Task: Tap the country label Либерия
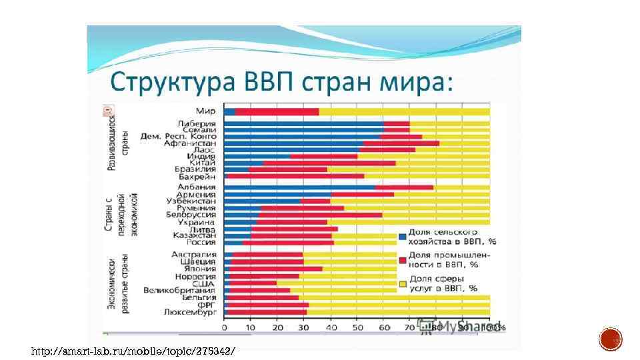197,124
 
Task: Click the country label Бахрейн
197,177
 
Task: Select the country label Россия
200,242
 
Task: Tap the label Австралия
193,255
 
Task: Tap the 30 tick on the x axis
304,327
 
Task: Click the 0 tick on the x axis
225,327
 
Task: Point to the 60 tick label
384,327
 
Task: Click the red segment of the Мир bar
277,112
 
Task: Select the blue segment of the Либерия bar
303,124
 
